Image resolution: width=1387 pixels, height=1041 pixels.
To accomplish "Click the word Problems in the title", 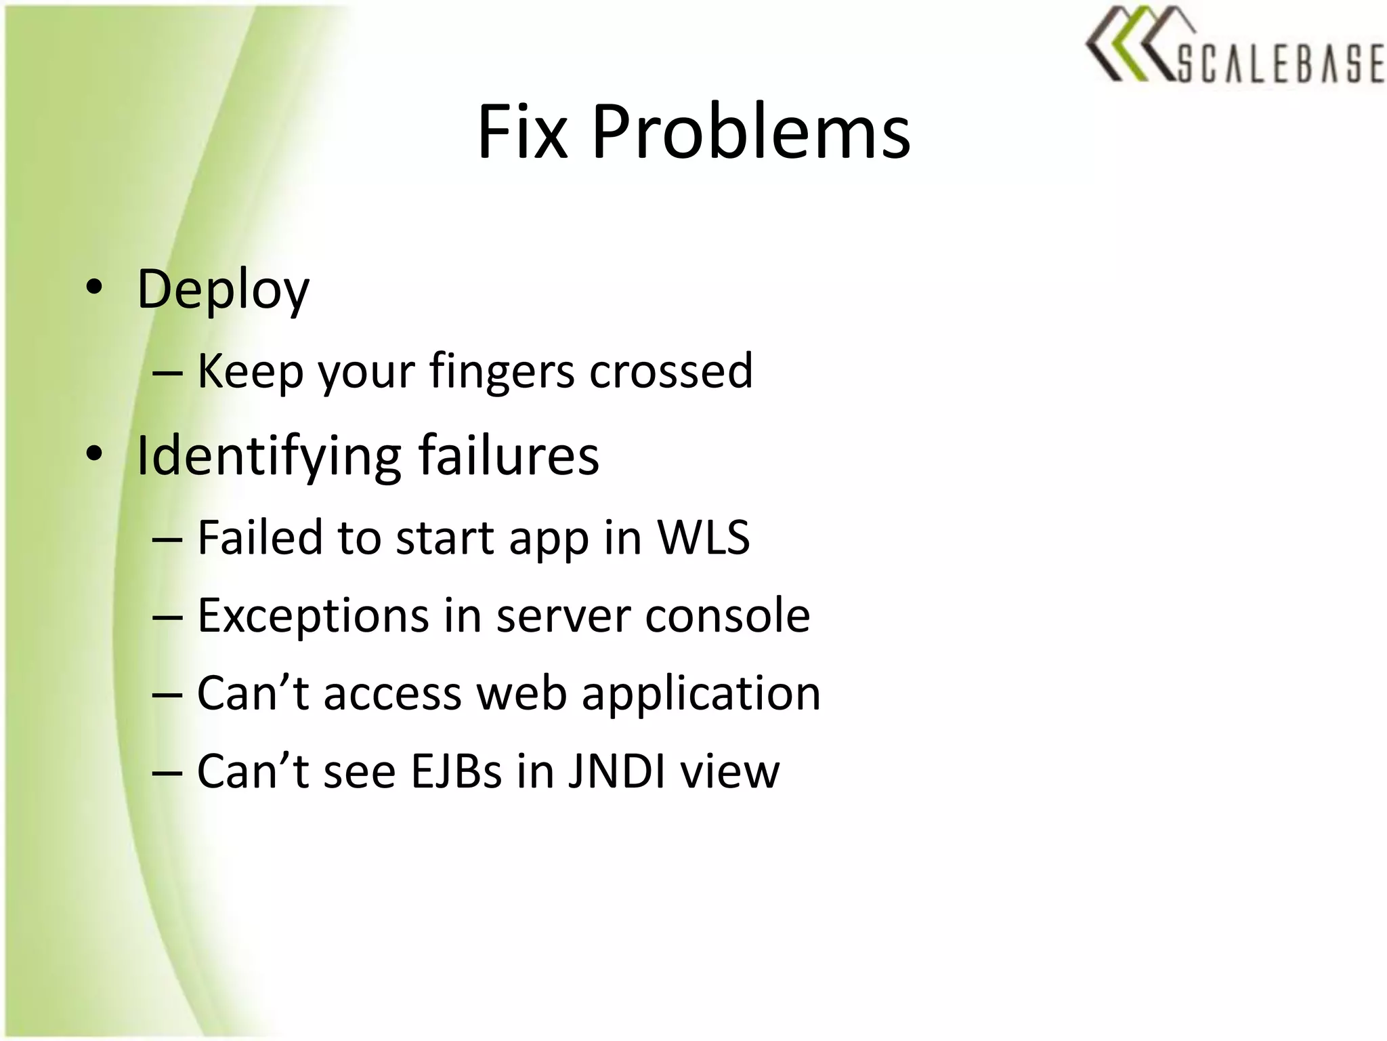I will [751, 132].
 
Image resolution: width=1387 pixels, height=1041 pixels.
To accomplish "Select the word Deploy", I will [223, 290].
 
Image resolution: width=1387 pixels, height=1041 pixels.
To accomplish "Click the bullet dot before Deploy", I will [94, 287].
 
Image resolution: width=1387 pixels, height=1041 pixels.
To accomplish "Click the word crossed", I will [670, 371].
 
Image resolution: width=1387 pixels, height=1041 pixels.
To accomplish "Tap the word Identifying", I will [269, 455].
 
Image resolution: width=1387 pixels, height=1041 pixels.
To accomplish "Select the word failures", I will [509, 455].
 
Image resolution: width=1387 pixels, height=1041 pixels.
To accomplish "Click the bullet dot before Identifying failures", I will [94, 454].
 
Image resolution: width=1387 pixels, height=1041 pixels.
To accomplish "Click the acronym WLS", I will [704, 537].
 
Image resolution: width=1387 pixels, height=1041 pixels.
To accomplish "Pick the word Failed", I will [260, 537].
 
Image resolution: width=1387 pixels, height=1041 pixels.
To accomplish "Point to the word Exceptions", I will [313, 616].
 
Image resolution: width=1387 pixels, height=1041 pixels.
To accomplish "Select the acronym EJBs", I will [456, 772].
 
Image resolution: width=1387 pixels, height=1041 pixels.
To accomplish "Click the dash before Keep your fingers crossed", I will [167, 373].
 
